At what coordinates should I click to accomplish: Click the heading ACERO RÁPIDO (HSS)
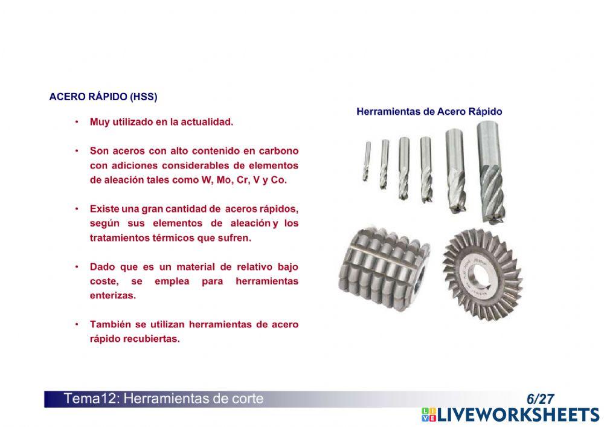[103, 97]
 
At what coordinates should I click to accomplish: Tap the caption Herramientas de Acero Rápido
[429, 112]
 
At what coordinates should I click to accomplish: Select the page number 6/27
[540, 399]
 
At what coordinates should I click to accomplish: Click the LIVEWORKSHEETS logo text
[518, 414]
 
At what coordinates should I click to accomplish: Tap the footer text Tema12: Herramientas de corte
[164, 399]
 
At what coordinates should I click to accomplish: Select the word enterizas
[113, 296]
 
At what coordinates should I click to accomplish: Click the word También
[111, 324]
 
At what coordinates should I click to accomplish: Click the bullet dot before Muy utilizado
[77, 122]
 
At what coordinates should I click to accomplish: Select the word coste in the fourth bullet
[103, 281]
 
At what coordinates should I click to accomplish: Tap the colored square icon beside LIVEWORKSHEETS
[429, 414]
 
